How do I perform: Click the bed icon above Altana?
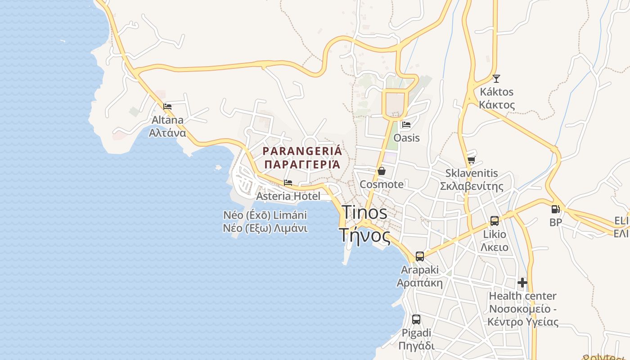pyautogui.click(x=167, y=107)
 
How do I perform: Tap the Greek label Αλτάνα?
pyautogui.click(x=167, y=133)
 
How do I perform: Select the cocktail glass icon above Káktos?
pyautogui.click(x=496, y=79)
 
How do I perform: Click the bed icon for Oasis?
pyautogui.click(x=406, y=125)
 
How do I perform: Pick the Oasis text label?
pyautogui.click(x=406, y=138)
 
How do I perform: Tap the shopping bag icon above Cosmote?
pyautogui.click(x=382, y=171)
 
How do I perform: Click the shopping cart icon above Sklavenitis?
pyautogui.click(x=471, y=160)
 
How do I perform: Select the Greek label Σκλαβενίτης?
pyautogui.click(x=471, y=186)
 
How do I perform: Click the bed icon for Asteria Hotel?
pyautogui.click(x=288, y=183)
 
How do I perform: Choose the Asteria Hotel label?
pyautogui.click(x=288, y=196)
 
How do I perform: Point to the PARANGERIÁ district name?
pyautogui.click(x=302, y=151)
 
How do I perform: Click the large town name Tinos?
pyautogui.click(x=364, y=212)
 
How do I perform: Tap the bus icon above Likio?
pyautogui.click(x=494, y=221)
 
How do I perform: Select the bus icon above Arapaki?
pyautogui.click(x=420, y=256)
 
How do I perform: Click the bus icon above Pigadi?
pyautogui.click(x=416, y=319)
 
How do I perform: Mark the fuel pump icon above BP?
pyautogui.click(x=556, y=209)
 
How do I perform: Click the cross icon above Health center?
pyautogui.click(x=522, y=283)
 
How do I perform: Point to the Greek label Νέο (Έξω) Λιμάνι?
pyautogui.click(x=265, y=228)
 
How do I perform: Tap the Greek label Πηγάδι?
pyautogui.click(x=416, y=346)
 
